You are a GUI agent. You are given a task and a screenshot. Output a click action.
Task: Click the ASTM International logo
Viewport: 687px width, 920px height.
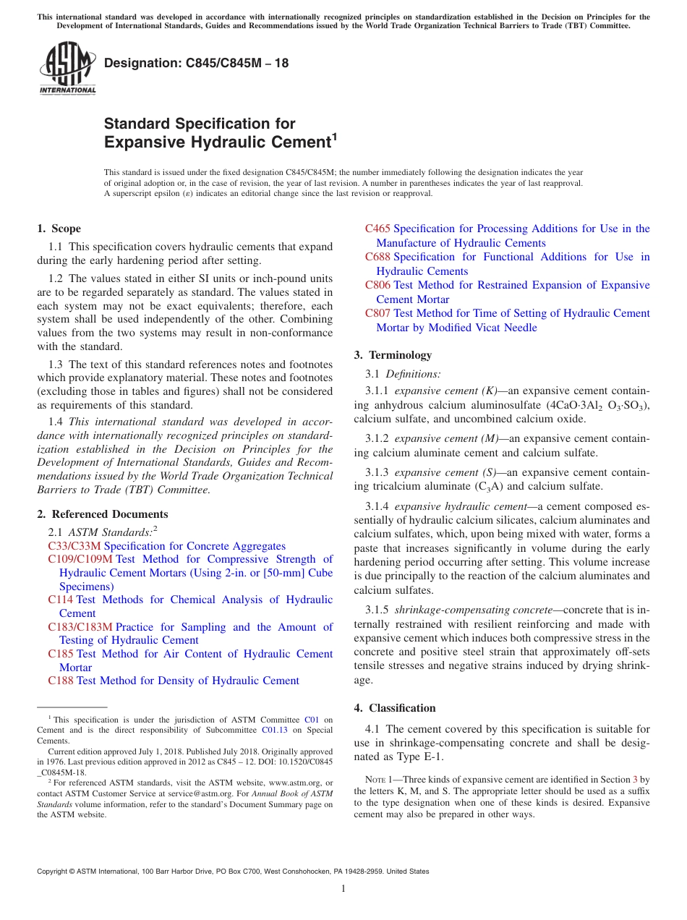coord(67,69)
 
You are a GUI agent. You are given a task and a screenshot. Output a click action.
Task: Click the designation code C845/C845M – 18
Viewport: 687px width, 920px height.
coord(196,64)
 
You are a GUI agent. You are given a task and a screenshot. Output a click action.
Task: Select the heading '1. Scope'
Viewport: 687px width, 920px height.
coord(59,229)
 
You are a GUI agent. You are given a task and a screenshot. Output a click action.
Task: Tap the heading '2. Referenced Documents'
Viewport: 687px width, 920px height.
coord(103,514)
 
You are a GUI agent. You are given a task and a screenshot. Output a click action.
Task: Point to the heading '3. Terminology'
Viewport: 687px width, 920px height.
coord(393,355)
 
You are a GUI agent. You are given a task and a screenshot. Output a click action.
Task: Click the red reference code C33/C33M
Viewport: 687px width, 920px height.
coord(74,546)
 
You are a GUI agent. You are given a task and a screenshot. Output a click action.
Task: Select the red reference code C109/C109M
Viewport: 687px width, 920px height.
coord(80,559)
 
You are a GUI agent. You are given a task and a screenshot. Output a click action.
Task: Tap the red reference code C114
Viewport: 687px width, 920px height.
coord(61,600)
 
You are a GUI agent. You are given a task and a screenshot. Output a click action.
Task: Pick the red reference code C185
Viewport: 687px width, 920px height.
coord(61,654)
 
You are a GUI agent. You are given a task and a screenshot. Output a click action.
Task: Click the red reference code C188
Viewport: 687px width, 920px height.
coord(61,681)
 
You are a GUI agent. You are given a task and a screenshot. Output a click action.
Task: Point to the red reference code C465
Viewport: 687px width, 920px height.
coord(377,229)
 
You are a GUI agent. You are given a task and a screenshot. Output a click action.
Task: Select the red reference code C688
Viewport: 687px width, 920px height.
coord(377,257)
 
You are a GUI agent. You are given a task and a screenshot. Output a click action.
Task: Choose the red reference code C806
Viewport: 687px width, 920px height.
coord(377,285)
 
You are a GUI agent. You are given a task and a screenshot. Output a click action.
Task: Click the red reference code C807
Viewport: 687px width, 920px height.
coord(377,313)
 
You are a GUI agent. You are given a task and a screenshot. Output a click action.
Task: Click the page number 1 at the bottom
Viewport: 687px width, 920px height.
coord(343,889)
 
